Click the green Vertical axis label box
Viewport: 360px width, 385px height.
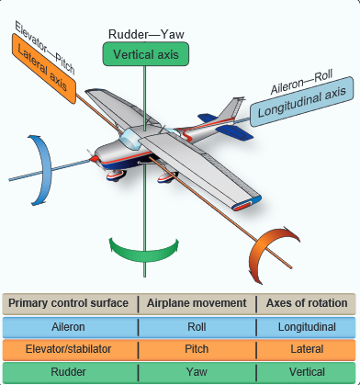click(x=144, y=55)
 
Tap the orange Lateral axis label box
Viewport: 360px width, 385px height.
click(x=41, y=65)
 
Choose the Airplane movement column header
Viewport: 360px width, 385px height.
click(x=197, y=303)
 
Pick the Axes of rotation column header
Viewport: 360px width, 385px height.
click(x=307, y=303)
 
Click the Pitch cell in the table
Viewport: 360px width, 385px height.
click(x=197, y=349)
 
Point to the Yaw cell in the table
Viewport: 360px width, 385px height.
click(x=197, y=372)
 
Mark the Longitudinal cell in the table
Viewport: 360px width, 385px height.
click(x=307, y=326)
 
